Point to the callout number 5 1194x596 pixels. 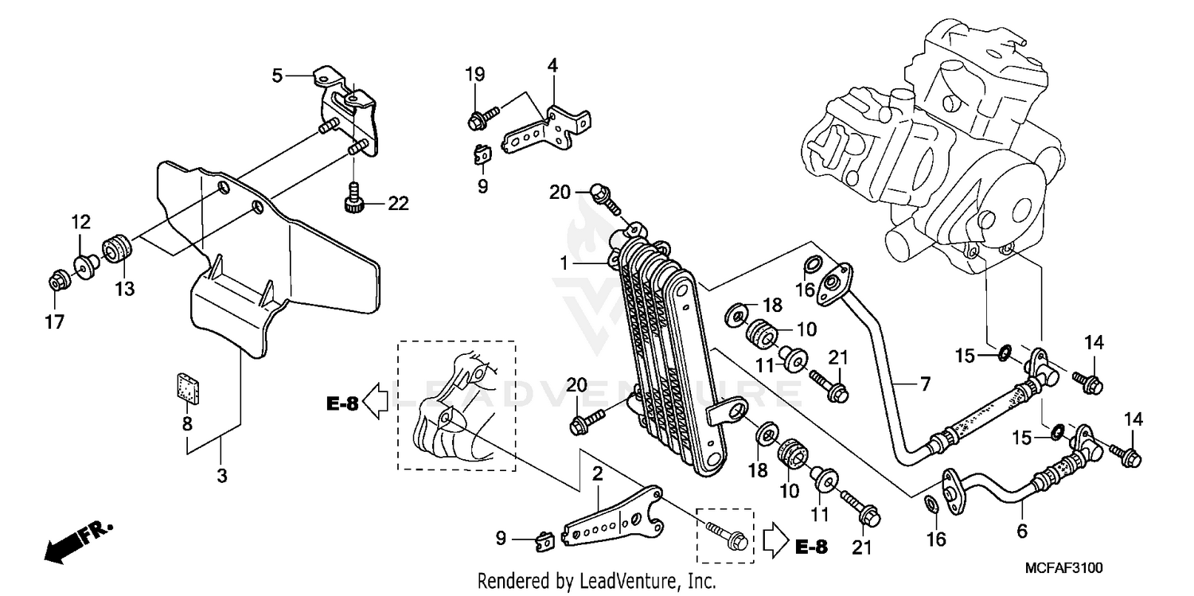click(x=277, y=76)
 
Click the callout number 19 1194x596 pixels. click(x=474, y=76)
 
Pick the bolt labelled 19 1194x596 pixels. click(x=482, y=120)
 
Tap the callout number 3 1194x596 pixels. click(x=222, y=476)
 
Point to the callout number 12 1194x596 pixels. click(x=83, y=220)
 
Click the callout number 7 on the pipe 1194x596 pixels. click(x=925, y=385)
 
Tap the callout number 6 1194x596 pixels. click(x=1022, y=530)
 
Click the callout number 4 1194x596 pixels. click(x=552, y=65)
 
